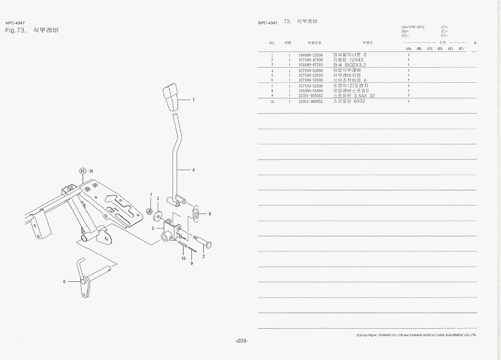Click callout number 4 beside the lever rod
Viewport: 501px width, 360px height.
tap(193, 170)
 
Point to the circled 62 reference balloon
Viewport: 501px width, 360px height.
tap(83, 171)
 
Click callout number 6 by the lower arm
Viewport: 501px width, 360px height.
tap(64, 281)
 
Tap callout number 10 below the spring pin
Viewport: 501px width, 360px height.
tap(183, 258)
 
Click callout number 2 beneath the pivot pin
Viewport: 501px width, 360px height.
tap(203, 257)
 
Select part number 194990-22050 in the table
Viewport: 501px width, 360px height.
tap(311, 55)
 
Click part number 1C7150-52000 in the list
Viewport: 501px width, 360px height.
tap(311, 70)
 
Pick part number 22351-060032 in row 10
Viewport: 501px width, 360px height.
tap(311, 101)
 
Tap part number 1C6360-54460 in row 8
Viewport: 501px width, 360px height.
tap(311, 91)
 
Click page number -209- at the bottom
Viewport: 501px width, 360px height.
tap(242, 341)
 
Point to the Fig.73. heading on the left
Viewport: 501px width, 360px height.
tap(17, 30)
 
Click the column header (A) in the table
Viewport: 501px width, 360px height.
tap(408, 49)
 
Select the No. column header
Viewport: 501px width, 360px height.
tap(272, 43)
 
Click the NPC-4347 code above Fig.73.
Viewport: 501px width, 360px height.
tap(15, 23)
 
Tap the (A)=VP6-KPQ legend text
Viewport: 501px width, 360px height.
tap(413, 27)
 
